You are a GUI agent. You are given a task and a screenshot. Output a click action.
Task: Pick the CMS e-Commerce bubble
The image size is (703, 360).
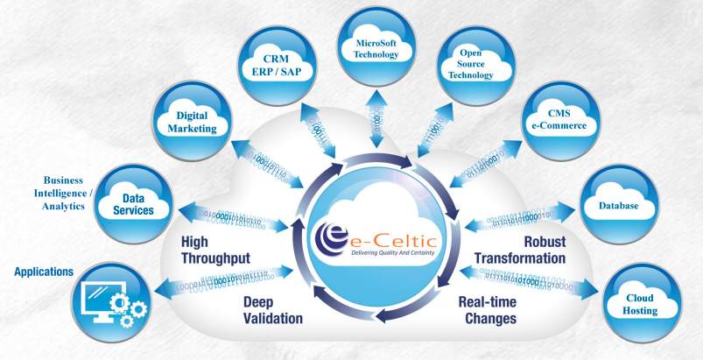click(x=562, y=119)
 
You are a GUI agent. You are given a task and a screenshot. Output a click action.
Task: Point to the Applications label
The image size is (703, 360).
click(x=44, y=272)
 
